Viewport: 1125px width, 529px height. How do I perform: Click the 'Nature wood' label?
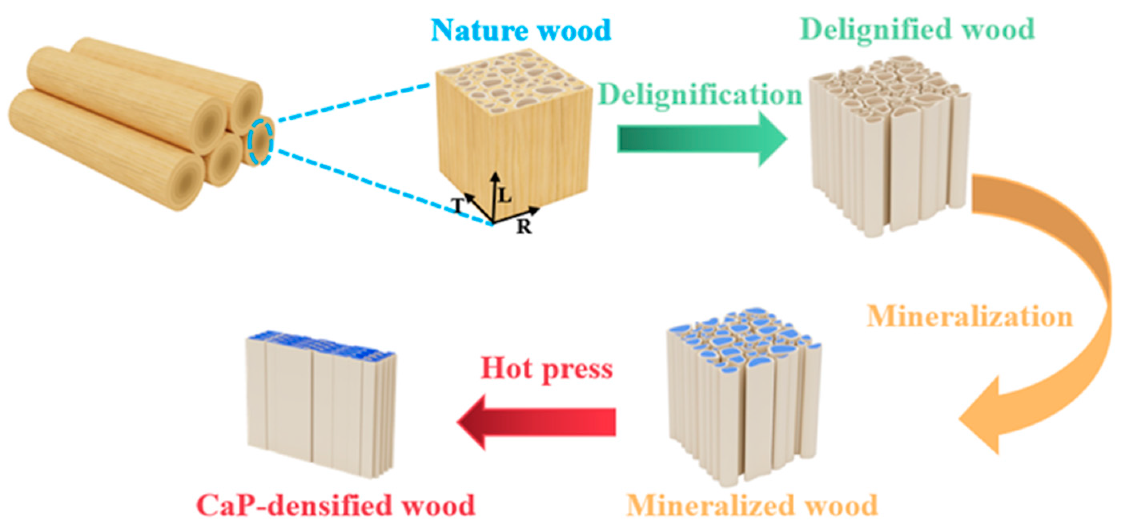click(520, 30)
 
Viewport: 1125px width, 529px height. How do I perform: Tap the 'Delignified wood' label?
click(917, 29)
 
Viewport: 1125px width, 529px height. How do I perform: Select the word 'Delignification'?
click(700, 95)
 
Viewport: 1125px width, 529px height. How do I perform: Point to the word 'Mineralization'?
click(970, 316)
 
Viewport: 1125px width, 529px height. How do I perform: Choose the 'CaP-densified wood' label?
click(335, 505)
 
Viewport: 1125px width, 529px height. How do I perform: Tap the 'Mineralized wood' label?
click(752, 505)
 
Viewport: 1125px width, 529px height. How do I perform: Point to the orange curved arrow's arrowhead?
click(982, 419)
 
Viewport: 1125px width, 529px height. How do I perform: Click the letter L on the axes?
click(504, 195)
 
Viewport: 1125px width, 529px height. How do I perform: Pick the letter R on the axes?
click(524, 226)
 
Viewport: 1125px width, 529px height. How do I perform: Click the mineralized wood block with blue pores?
click(742, 393)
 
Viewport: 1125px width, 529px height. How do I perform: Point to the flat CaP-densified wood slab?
click(321, 406)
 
